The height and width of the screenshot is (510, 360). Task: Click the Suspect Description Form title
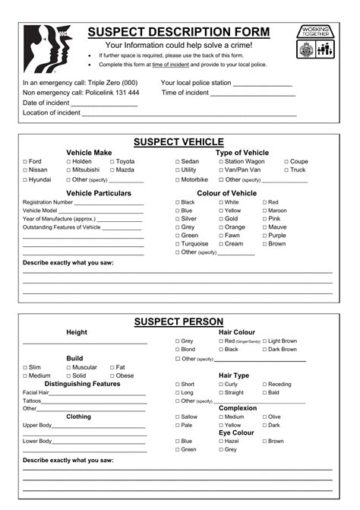(178, 32)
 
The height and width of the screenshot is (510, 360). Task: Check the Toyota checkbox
(112, 162)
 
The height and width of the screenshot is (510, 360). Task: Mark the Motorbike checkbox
(178, 180)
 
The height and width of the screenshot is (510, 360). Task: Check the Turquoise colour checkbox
(178, 244)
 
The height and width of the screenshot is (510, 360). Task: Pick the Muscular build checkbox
(69, 367)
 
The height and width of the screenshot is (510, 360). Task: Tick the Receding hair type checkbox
(264, 385)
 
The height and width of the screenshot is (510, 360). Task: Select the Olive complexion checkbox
(264, 417)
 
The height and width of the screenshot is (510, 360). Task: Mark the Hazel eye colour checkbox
(221, 441)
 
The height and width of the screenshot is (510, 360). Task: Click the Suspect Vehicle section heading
(178, 142)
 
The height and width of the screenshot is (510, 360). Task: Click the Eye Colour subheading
(237, 432)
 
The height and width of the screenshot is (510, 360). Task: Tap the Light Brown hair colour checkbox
(264, 341)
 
